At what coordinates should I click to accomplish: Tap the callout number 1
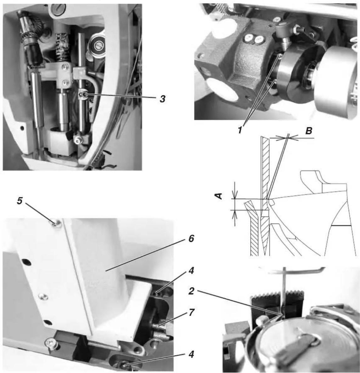click(x=240, y=130)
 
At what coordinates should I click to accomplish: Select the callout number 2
click(x=191, y=291)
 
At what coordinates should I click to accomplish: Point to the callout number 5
click(x=19, y=201)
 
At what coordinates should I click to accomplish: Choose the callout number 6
click(x=191, y=239)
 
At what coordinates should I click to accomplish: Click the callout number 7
click(x=191, y=313)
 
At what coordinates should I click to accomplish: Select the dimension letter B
click(x=309, y=131)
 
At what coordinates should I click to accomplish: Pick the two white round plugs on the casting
click(x=253, y=39)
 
